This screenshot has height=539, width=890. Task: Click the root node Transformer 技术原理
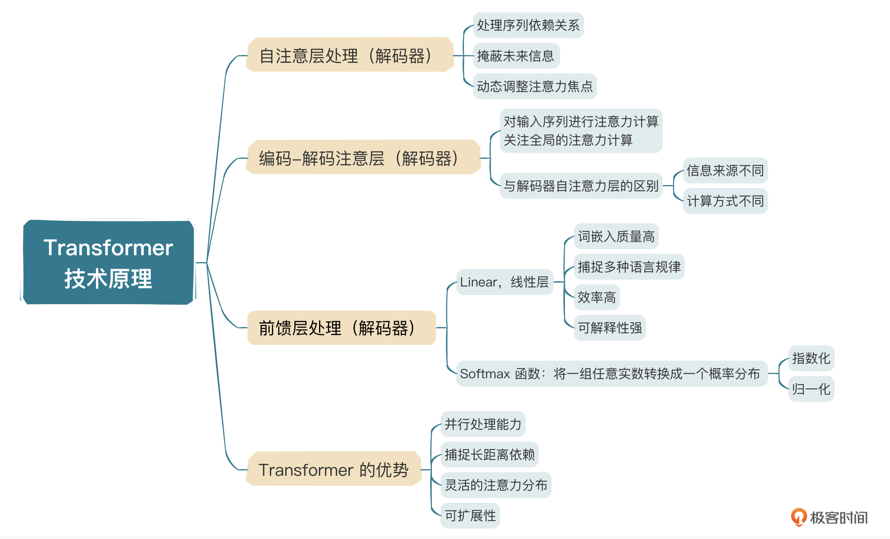108,262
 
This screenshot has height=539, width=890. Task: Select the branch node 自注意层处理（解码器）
350,55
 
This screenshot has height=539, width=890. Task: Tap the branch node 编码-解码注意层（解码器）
363,157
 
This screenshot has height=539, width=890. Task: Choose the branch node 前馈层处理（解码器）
341,328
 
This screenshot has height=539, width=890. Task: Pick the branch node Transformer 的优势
334,469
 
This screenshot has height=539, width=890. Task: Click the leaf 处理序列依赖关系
528,25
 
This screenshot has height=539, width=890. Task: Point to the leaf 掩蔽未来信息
516,56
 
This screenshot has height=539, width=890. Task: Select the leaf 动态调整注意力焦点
535,86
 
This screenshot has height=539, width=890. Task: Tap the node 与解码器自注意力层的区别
581,186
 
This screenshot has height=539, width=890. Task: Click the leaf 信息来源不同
725,170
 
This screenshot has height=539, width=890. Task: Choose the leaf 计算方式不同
725,201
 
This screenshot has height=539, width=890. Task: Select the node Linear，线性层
505,282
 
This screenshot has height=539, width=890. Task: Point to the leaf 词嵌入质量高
616,236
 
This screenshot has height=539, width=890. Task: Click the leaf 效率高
597,297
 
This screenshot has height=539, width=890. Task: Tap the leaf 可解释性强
610,328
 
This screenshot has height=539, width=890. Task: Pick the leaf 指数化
811,359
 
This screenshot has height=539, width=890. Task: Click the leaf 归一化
811,389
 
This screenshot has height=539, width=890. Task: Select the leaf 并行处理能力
483,424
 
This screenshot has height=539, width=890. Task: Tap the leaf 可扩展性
470,515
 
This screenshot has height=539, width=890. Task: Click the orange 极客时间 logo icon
799,517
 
